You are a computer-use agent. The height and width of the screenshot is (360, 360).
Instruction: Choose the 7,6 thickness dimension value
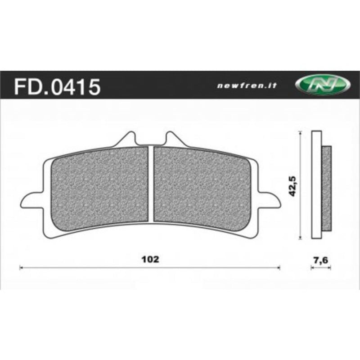pos(321,259)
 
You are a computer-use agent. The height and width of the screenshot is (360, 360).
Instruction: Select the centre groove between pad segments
pos(151,184)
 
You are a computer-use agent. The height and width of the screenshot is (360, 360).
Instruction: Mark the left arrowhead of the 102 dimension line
pos(22,268)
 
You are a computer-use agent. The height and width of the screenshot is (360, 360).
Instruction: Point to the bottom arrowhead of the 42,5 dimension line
pos(300,237)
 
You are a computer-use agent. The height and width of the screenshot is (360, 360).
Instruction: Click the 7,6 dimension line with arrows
pos(321,268)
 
